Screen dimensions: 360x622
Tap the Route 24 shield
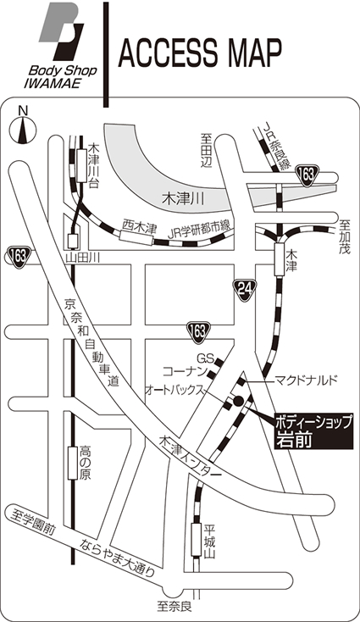(245, 291)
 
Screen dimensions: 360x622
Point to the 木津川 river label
(183, 199)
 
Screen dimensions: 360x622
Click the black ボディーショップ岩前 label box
(313, 430)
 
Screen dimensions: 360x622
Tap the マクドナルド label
(307, 380)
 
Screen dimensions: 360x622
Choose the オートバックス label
(175, 390)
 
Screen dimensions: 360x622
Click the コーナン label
(186, 372)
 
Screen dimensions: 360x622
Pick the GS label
(206, 359)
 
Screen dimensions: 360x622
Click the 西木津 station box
(136, 238)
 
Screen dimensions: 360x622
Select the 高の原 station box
(72, 463)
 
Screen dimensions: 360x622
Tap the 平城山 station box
(197, 540)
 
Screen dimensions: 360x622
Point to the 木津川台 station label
(93, 166)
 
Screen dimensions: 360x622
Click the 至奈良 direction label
(174, 607)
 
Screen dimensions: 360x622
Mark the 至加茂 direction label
(345, 237)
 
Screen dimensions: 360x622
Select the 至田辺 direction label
(206, 151)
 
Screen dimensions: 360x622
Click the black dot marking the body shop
(238, 402)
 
